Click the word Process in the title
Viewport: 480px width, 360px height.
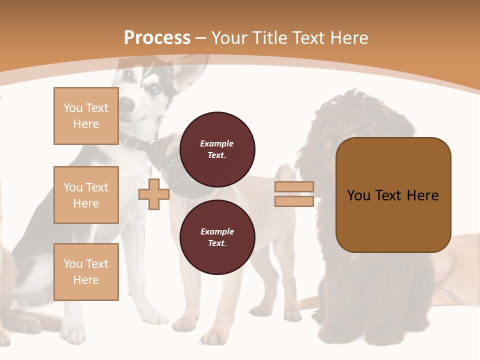click(x=157, y=38)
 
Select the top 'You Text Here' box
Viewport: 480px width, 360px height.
click(x=86, y=116)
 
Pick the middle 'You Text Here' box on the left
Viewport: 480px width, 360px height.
click(x=86, y=195)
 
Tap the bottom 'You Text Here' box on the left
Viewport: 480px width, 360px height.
click(x=86, y=272)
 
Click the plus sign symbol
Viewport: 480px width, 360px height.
click(x=154, y=194)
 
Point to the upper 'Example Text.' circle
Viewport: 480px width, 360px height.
click(x=217, y=149)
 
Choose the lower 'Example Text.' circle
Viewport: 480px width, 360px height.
click(x=217, y=237)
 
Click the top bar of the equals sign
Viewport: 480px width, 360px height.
click(x=294, y=187)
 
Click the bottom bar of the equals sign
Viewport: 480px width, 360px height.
click(x=294, y=201)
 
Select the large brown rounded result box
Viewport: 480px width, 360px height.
click(x=393, y=195)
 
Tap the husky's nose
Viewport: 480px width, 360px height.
click(x=126, y=105)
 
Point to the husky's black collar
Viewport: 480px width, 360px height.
click(x=137, y=144)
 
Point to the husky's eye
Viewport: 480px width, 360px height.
click(x=155, y=89)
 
